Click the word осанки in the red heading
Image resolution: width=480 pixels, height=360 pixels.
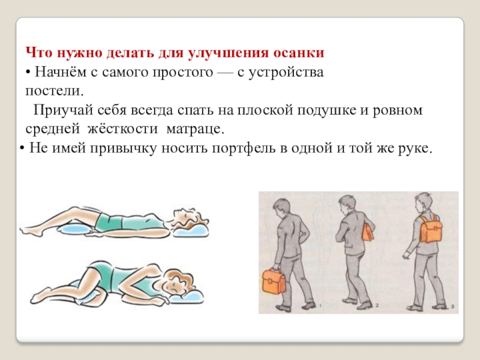(x=298, y=53)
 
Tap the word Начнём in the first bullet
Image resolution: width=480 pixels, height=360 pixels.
(x=61, y=72)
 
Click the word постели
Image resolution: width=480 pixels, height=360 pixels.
(x=55, y=91)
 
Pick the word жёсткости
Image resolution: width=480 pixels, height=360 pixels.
(x=123, y=128)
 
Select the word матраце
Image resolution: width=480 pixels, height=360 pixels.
(x=196, y=130)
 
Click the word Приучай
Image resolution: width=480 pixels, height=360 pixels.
(x=63, y=110)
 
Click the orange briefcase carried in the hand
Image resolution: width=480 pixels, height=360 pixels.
(x=274, y=281)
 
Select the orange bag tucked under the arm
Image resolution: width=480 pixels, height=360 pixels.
(x=368, y=232)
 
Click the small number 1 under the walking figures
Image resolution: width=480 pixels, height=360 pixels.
(x=320, y=305)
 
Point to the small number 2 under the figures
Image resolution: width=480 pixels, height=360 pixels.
(x=377, y=305)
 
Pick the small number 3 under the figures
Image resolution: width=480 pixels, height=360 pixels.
(x=452, y=306)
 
